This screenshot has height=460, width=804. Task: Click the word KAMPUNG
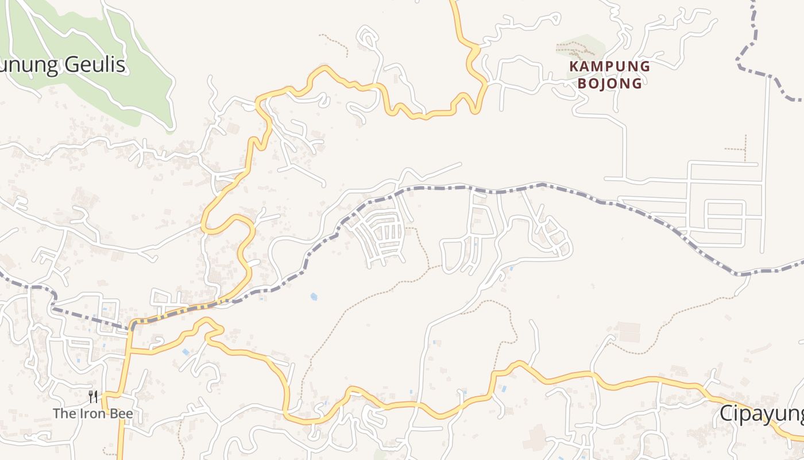pos(609,66)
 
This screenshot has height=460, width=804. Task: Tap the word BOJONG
pos(609,83)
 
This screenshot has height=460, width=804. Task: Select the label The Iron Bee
pos(92,413)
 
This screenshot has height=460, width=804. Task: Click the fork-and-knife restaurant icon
pos(93,397)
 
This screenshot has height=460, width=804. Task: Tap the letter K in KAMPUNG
pos(573,66)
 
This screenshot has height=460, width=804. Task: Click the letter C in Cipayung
pos(726,414)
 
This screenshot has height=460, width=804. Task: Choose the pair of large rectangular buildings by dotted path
pos(628,332)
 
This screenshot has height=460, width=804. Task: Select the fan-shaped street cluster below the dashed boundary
pos(379,233)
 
